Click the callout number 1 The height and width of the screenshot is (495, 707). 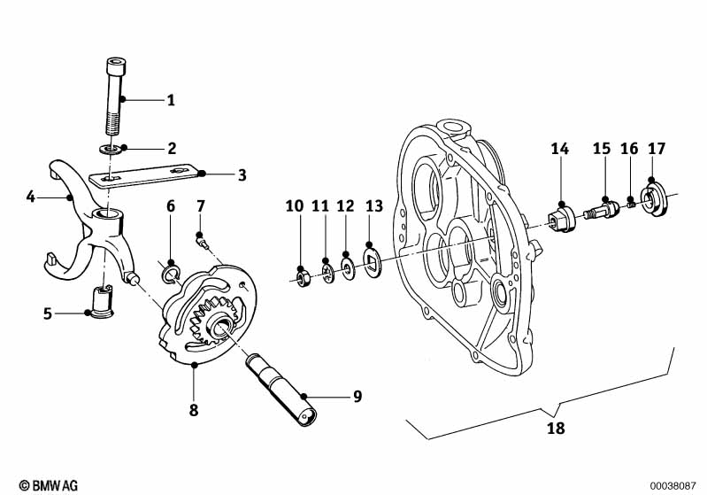coord(171,100)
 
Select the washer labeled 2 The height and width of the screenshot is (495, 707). coord(110,149)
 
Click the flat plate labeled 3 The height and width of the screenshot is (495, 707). coord(143,174)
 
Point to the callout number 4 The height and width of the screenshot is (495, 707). coord(30,197)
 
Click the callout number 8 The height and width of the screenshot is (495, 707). coord(194,410)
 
